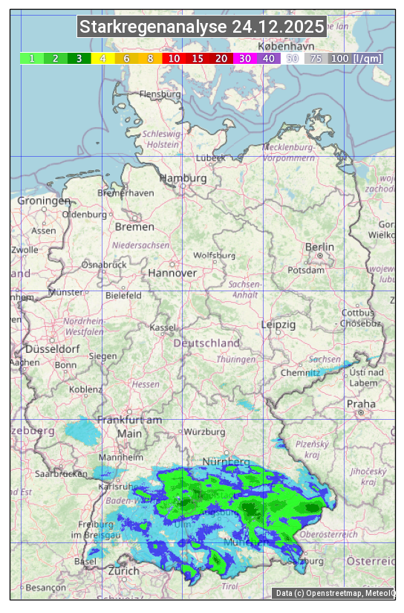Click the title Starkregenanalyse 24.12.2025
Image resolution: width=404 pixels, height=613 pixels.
(202, 27)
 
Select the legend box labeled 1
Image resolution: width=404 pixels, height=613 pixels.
(31, 58)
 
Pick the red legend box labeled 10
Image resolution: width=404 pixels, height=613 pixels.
(174, 58)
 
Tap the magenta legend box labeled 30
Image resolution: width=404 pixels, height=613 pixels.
(244, 58)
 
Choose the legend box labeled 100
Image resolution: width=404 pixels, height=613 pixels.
(339, 58)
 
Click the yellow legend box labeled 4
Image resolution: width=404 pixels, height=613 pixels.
(102, 58)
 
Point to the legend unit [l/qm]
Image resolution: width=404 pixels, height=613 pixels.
(368, 58)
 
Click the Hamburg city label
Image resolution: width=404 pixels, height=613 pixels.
(183, 179)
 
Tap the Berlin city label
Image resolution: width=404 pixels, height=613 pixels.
(319, 247)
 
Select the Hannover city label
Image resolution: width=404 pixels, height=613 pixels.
(172, 273)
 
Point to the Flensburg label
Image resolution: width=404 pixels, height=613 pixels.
(160, 94)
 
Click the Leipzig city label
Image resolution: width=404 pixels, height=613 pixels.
(278, 325)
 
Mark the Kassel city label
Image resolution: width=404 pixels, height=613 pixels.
(162, 328)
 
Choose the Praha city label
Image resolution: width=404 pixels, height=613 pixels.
(361, 403)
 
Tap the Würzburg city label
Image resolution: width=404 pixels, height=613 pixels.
(204, 432)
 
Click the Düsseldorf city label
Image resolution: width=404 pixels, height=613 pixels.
(52, 348)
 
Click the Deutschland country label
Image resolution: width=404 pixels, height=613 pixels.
(206, 343)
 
